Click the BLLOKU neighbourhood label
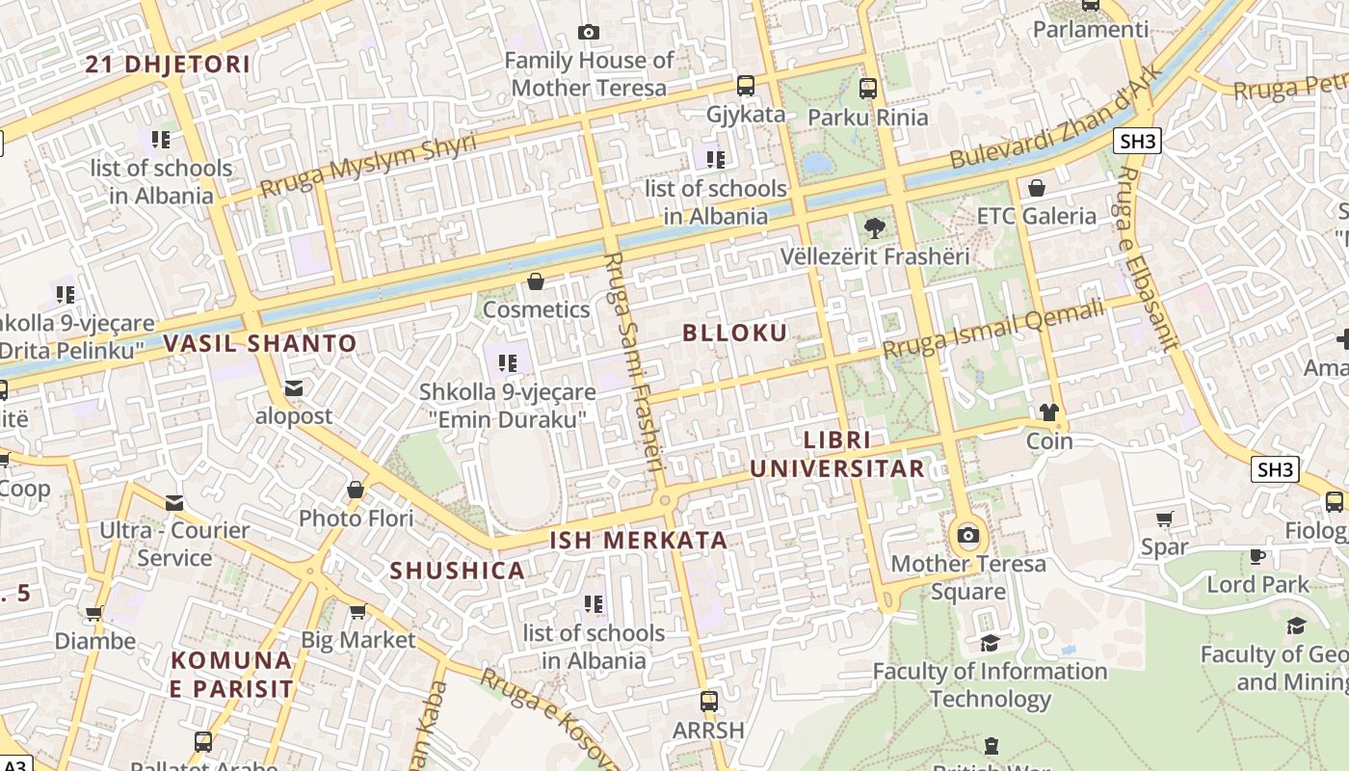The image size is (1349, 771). point(734,333)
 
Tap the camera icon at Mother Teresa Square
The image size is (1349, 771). point(968,535)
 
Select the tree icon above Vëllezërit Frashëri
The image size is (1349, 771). point(874,228)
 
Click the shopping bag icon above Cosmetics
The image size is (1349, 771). point(536,281)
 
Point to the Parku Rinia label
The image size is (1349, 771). point(867,118)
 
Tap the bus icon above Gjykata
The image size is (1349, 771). point(745,86)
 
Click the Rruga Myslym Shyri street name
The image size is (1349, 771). point(368,165)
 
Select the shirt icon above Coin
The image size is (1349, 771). point(1049,412)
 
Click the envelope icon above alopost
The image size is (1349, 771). point(294,388)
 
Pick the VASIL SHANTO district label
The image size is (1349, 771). point(260,343)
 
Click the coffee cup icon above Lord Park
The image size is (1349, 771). point(1257,556)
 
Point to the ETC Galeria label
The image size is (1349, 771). point(1037,216)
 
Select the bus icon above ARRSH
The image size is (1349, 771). point(709,702)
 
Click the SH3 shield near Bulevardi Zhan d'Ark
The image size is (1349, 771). point(1137,142)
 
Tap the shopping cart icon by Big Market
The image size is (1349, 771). point(357,611)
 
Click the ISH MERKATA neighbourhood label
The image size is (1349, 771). point(638,540)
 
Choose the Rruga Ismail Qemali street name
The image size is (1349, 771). point(992,330)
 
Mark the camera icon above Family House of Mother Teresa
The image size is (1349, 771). point(588,33)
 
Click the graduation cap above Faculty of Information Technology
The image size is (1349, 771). point(990,643)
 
